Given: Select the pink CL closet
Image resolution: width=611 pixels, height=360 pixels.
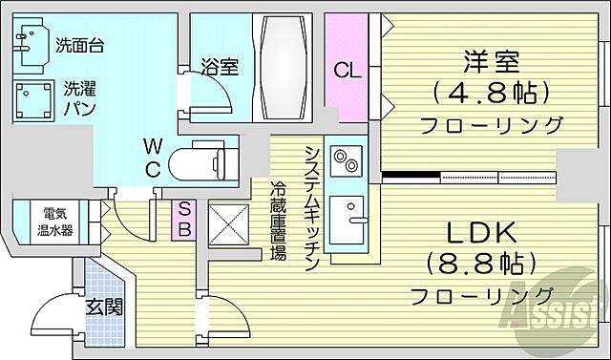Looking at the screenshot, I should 345,68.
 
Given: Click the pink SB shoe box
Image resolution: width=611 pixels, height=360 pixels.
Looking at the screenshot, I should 184,219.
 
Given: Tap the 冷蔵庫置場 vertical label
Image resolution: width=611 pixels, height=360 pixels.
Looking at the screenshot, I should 278,220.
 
